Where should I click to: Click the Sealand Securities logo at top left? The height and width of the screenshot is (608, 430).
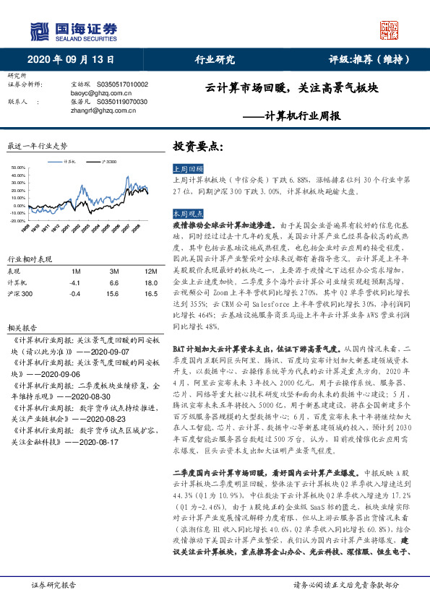[73, 30]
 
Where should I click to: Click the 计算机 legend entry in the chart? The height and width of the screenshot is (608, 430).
[71, 162]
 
